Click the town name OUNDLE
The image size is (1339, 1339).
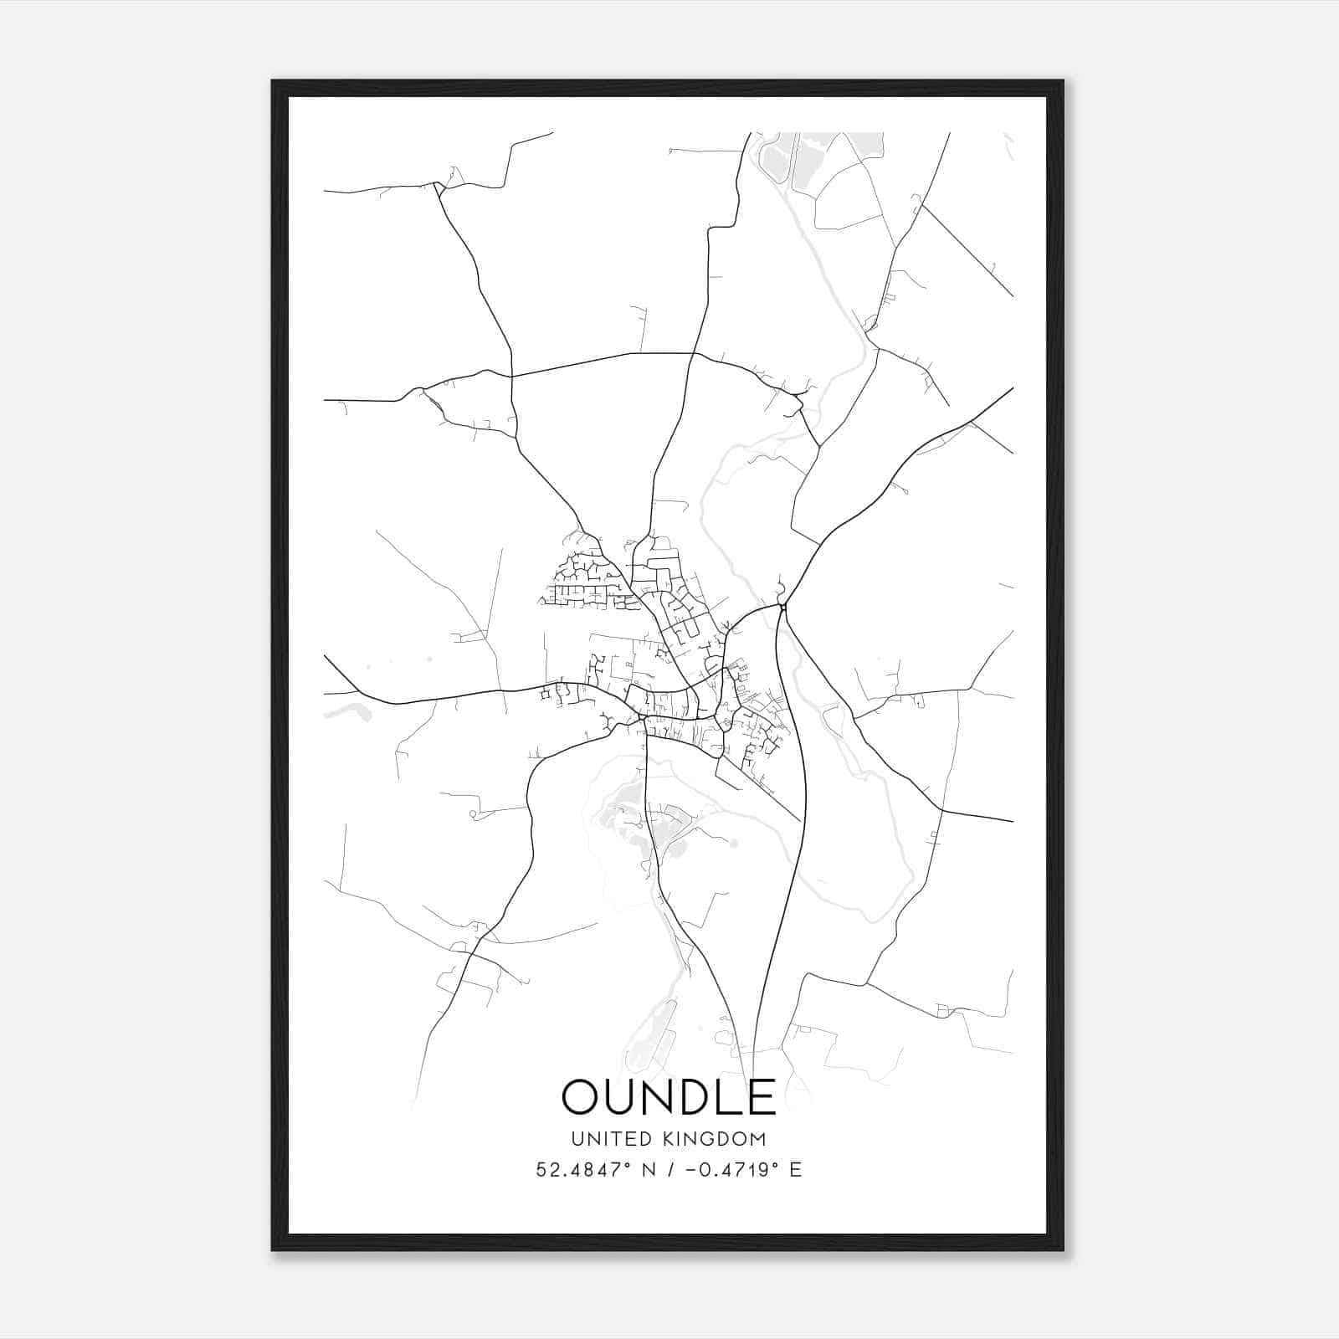tap(669, 1096)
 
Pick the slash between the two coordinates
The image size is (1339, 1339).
tap(668, 1170)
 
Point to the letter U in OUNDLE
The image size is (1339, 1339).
tap(621, 1096)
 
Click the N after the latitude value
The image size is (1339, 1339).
tap(647, 1170)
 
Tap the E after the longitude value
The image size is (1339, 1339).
tap(795, 1170)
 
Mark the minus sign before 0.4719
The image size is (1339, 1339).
tap(690, 1170)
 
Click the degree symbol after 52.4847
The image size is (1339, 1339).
tap(624, 1164)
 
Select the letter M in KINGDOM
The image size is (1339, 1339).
tap(758, 1139)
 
